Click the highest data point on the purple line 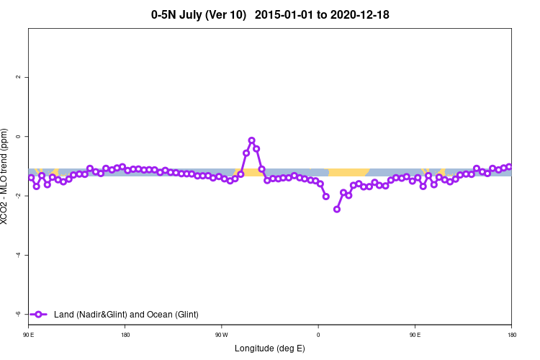click(251, 140)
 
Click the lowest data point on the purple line click(337, 209)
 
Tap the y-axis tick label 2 click(18, 77)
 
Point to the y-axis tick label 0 click(18, 136)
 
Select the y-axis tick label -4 click(18, 255)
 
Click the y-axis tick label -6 click(18, 314)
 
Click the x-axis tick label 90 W click(221, 335)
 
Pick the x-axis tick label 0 click(318, 335)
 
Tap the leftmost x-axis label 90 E click(29, 335)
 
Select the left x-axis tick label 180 click(125, 335)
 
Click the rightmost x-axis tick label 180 click(511, 335)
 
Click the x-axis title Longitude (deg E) click(270, 348)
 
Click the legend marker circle click(40, 314)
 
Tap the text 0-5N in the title click(166, 14)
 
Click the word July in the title click(197, 14)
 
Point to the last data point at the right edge click(509, 167)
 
